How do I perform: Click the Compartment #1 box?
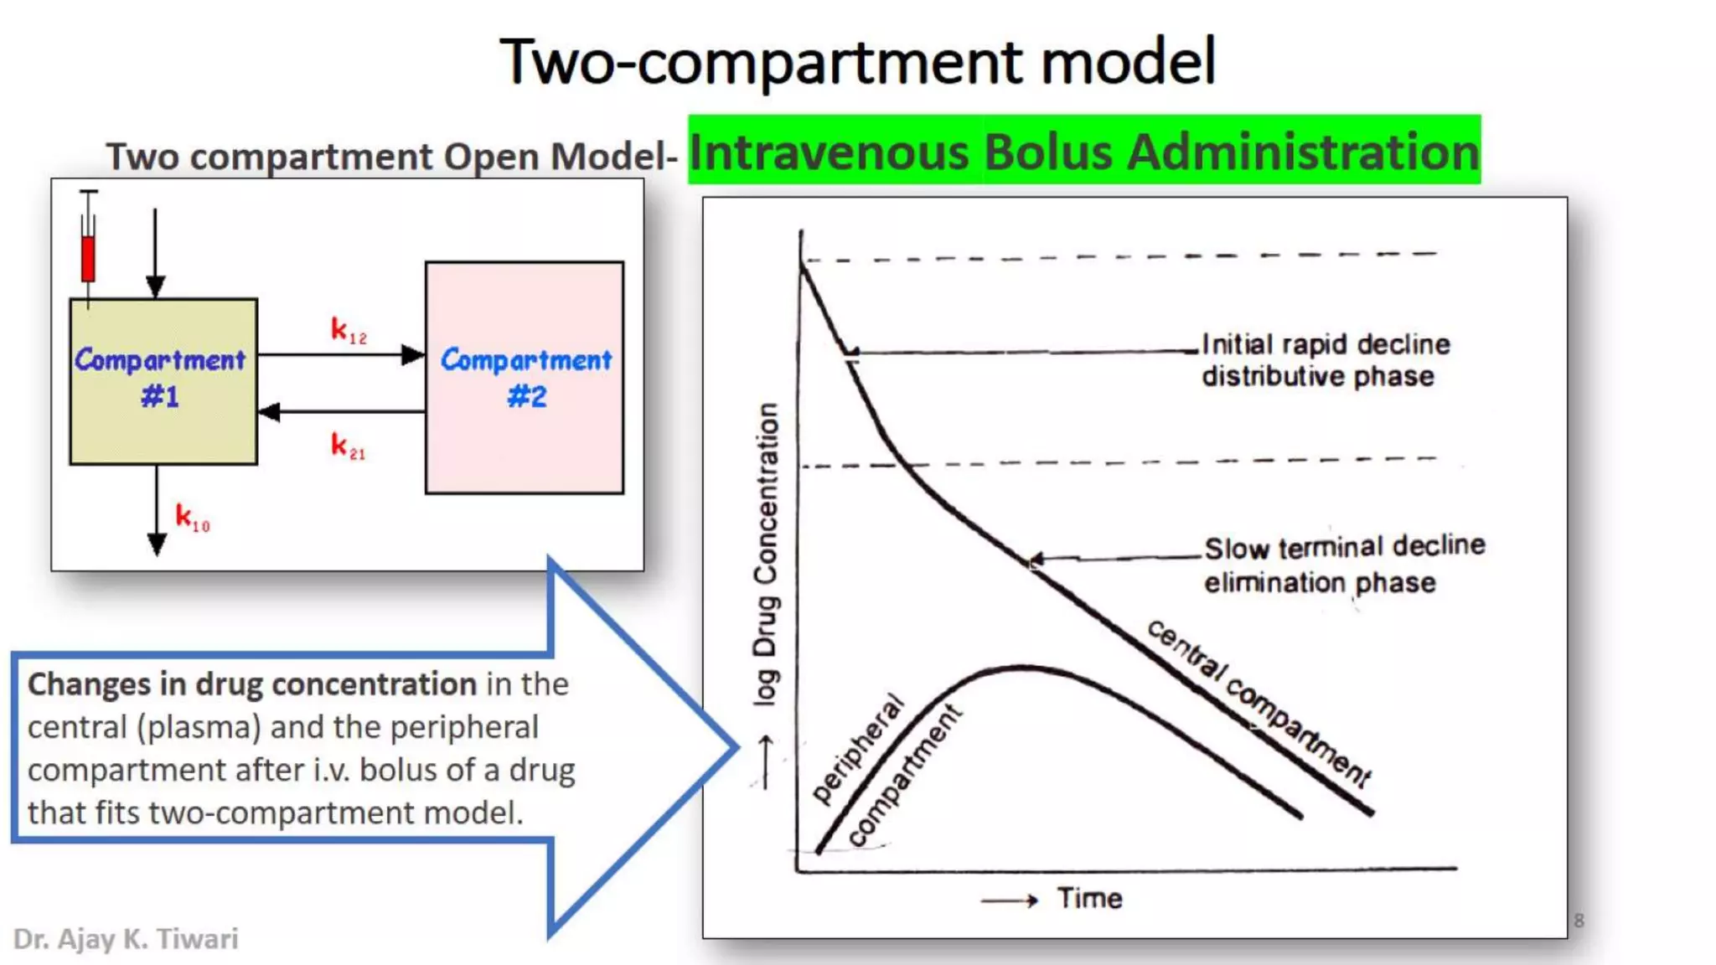163,381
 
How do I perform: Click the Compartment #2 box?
525,378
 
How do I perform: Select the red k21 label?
348,446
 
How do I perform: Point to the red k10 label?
192,518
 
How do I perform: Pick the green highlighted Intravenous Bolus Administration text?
1084,151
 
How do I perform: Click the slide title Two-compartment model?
857,61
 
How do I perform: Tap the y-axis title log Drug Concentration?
766,553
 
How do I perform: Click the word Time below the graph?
1089,899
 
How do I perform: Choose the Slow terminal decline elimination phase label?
1344,564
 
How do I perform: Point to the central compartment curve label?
1258,702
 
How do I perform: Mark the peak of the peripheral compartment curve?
1022,668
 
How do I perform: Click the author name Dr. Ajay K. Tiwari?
126,939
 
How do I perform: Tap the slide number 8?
1579,920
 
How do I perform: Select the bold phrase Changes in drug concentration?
252,684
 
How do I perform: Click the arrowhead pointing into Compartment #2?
413,355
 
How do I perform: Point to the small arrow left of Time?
1010,900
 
